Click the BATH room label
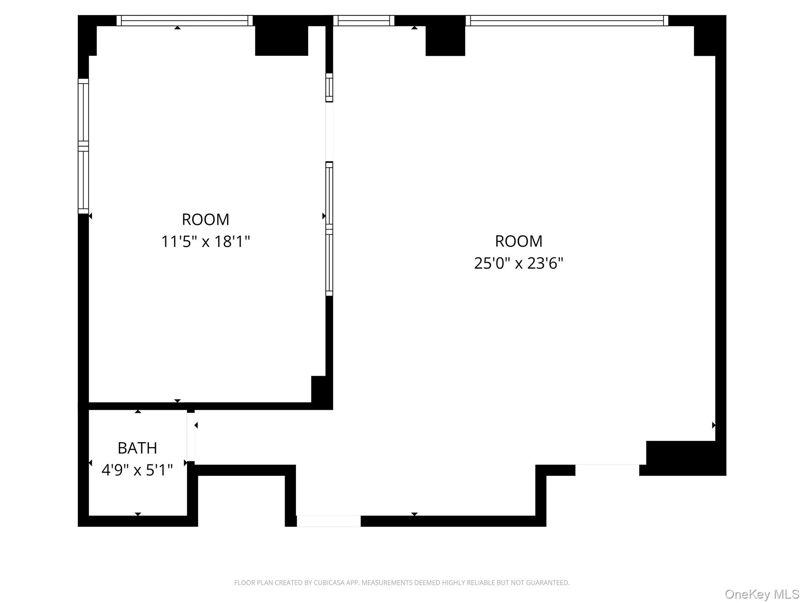click(137, 448)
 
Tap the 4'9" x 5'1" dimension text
click(137, 470)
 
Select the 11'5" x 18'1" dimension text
click(205, 241)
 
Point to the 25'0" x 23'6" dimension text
click(519, 263)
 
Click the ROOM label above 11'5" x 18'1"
click(205, 219)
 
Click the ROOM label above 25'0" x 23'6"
click(519, 241)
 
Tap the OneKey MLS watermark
click(762, 594)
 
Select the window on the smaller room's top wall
click(185, 20)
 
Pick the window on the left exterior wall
click(83, 146)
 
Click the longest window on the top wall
click(567, 20)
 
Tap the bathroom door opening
click(191, 437)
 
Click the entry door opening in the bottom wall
click(329, 521)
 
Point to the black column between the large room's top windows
click(445, 41)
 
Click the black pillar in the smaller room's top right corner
click(281, 41)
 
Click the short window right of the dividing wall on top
click(364, 20)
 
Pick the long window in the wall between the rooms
click(329, 229)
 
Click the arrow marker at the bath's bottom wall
click(138, 514)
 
